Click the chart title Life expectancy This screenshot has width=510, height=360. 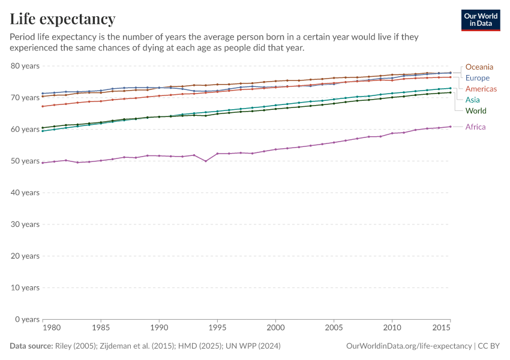[x=63, y=19]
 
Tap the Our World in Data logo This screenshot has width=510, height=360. [x=480, y=20]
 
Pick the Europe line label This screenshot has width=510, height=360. [x=478, y=78]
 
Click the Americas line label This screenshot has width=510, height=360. [x=481, y=89]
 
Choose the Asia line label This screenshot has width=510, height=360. [x=473, y=100]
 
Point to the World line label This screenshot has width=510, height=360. [x=476, y=111]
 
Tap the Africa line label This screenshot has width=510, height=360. [x=475, y=127]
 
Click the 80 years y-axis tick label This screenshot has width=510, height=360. [x=25, y=65]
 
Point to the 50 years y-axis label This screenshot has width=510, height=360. [x=25, y=161]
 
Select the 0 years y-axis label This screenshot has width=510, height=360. [x=27, y=319]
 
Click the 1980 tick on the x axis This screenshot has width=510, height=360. [x=52, y=328]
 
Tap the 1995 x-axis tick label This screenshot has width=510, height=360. [x=217, y=328]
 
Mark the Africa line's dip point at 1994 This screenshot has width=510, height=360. [x=206, y=161]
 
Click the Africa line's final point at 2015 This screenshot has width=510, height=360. [x=451, y=127]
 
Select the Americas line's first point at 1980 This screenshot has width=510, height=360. [x=42, y=106]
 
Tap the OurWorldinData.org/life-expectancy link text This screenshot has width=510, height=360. [x=409, y=346]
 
